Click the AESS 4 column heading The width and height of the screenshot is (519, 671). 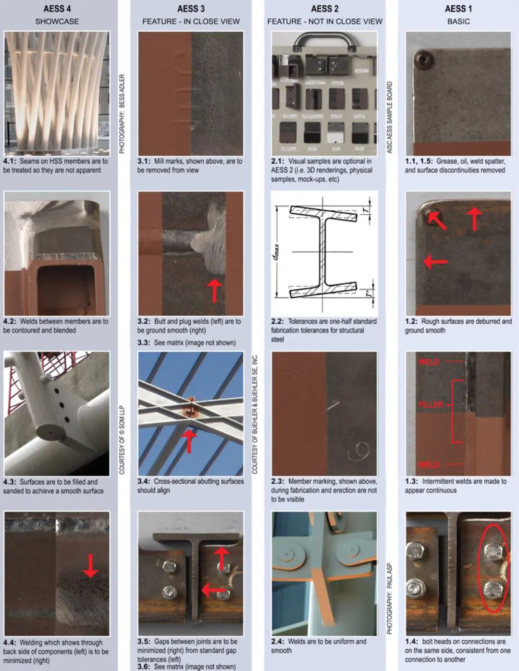click(57, 9)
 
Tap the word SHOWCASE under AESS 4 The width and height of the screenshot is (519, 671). click(57, 22)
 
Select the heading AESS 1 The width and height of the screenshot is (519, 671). click(458, 9)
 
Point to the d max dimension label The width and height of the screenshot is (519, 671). click(278, 252)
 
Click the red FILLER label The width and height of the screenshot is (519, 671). click(431, 404)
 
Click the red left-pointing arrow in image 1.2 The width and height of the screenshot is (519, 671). click(435, 262)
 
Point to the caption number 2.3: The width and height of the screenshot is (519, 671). click(277, 481)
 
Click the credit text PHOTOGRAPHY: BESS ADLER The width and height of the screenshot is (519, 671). click(122, 114)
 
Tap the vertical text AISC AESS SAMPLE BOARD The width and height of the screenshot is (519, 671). click(390, 117)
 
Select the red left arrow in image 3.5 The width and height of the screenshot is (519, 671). click(213, 590)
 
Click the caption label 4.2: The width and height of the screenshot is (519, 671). click(10, 321)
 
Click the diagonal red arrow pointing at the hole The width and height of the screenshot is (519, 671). click(437, 220)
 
